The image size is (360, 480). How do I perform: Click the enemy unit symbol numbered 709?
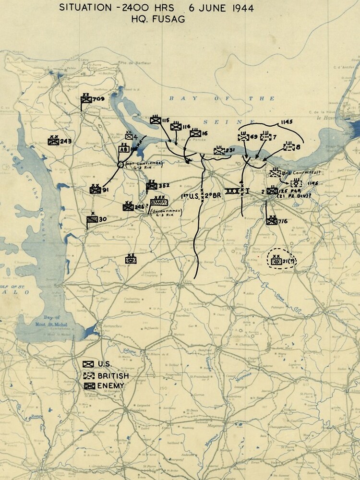tap(86, 100)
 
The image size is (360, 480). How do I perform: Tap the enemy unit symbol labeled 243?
tap(53, 142)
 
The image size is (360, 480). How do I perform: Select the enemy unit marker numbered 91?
tap(95, 190)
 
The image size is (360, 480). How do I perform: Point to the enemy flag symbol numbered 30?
tap(92, 219)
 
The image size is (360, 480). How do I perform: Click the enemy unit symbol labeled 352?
tap(152, 186)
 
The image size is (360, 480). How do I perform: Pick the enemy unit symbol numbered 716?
tap(272, 221)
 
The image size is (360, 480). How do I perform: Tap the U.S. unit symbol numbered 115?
tap(155, 120)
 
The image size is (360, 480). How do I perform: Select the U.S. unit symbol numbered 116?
tap(175, 127)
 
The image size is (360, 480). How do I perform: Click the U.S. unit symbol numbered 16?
tap(195, 133)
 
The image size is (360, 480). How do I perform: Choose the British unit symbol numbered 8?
tap(288, 147)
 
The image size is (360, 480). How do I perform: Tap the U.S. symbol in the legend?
tap(88, 364)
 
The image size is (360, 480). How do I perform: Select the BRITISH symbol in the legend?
tap(88, 375)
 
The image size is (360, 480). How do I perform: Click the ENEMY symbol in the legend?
tap(88, 386)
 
